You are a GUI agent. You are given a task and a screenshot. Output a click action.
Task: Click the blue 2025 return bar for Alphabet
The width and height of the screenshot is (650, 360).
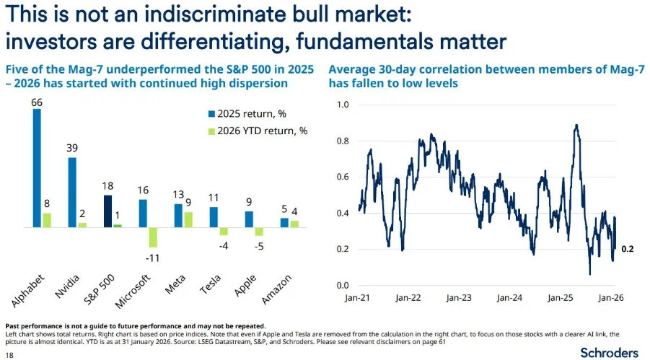point(37,168)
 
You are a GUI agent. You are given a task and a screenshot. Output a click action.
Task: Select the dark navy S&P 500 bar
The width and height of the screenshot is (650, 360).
point(107,211)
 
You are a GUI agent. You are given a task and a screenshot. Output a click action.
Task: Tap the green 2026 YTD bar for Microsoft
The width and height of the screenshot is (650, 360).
point(152,237)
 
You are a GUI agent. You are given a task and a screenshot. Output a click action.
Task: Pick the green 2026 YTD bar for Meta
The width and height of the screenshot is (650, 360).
point(188,219)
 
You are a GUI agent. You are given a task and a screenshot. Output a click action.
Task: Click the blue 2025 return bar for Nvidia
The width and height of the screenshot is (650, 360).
point(72,192)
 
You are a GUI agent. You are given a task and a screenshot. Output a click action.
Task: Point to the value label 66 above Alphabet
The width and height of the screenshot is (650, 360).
point(37,102)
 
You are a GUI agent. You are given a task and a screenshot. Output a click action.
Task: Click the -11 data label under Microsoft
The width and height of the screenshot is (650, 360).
point(152,257)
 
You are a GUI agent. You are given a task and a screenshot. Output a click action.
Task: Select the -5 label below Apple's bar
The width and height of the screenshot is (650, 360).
point(258,246)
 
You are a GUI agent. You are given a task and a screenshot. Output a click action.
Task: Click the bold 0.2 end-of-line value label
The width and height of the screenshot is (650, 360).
point(627,249)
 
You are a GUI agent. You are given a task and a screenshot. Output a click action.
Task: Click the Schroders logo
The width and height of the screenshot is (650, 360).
point(609,352)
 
